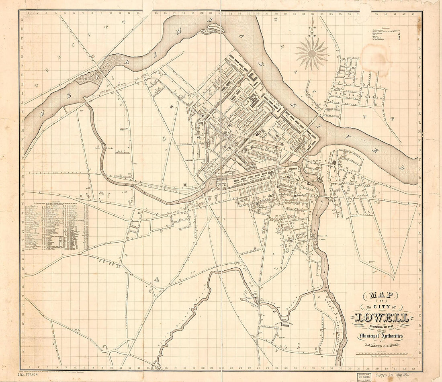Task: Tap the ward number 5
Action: [x=164, y=139]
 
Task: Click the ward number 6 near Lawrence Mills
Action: [x=210, y=92]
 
